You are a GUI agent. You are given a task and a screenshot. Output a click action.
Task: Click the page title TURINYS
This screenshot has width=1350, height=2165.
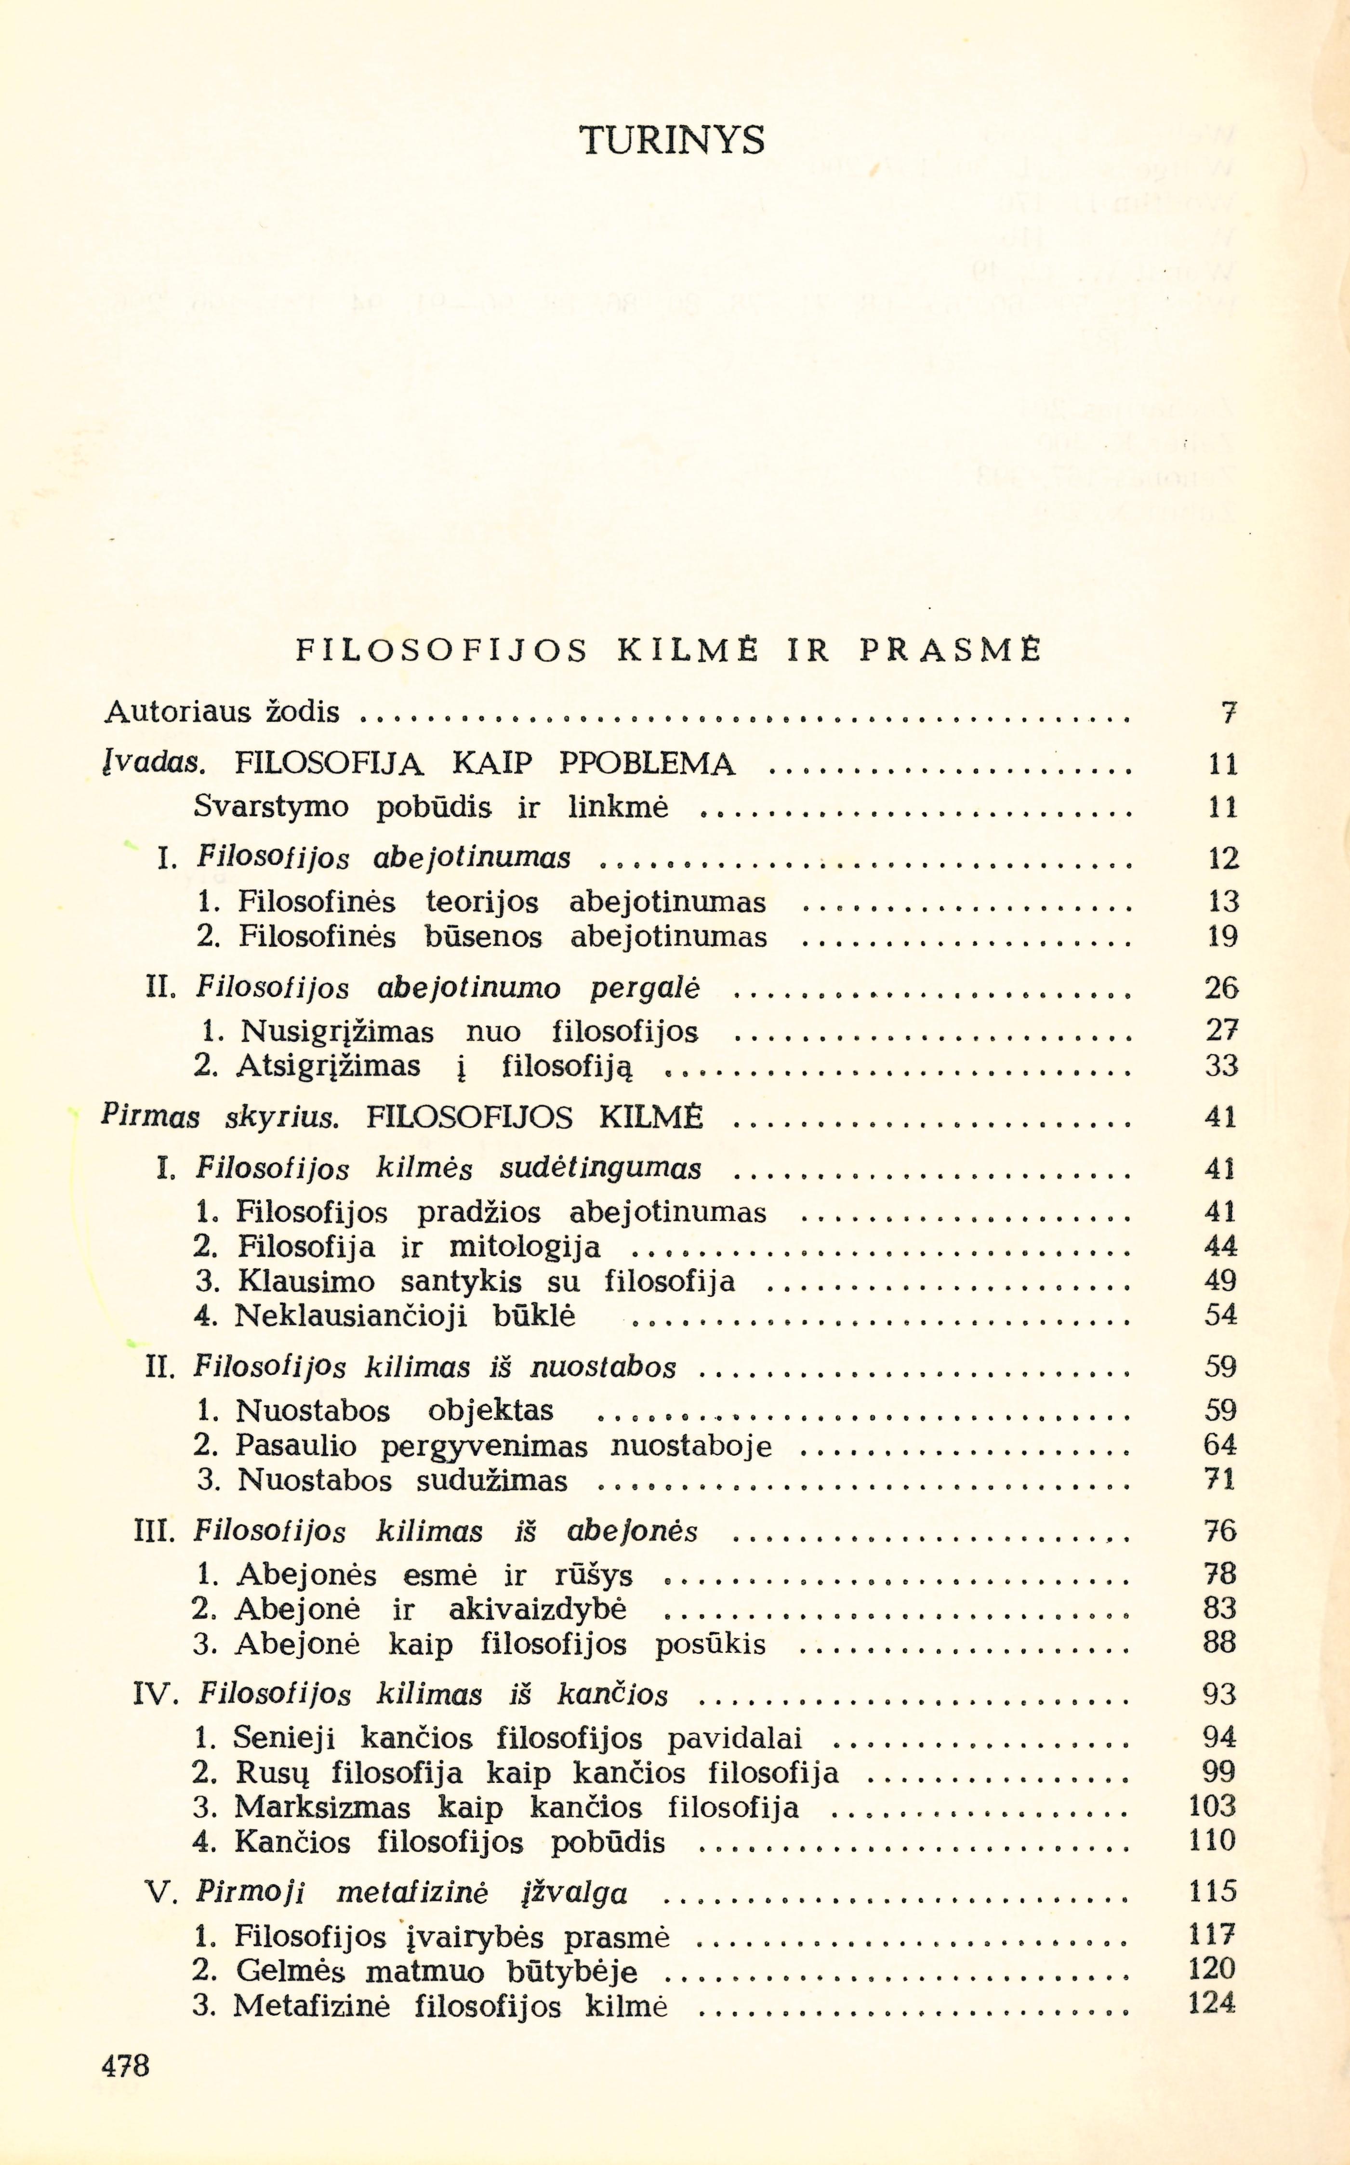[672, 140]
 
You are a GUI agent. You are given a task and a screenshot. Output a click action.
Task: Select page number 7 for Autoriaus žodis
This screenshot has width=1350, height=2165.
[1229, 713]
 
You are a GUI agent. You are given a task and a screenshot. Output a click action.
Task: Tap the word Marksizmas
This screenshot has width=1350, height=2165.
[322, 1808]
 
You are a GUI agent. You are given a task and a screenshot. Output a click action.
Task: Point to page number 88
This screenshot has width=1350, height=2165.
[1219, 1644]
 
